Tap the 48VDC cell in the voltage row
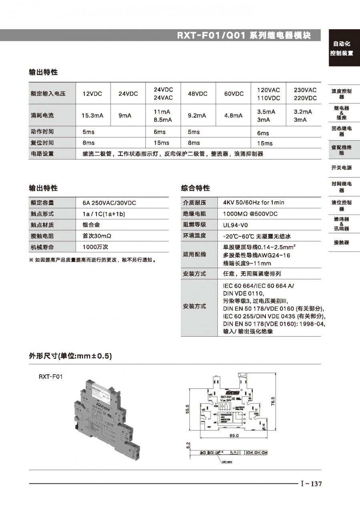click(197, 94)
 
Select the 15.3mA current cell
click(93, 115)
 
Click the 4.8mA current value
click(233, 115)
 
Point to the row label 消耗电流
click(42, 115)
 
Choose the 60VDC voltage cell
click(234, 94)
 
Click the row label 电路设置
click(42, 154)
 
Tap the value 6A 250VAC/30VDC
click(109, 203)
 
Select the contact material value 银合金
click(88, 225)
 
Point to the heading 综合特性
click(195, 188)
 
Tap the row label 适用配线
click(195, 254)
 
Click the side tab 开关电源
click(341, 168)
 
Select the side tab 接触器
click(341, 242)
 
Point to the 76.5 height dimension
click(273, 401)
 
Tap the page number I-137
click(311, 484)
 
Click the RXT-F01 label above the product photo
click(51, 377)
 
